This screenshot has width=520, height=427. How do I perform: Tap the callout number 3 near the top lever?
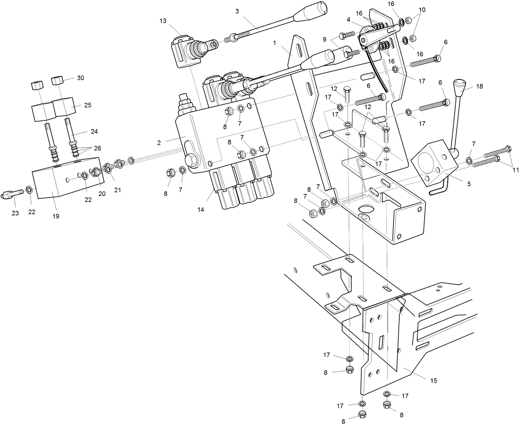click(237, 11)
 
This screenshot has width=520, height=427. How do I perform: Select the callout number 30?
click(80, 78)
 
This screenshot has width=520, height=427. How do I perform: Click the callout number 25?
click(88, 105)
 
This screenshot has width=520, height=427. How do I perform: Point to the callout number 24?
click(94, 132)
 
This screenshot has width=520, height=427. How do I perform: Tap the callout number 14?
click(200, 210)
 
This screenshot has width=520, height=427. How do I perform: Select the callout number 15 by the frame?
click(433, 380)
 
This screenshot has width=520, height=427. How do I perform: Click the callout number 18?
click(479, 86)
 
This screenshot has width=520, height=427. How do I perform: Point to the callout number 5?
click(468, 184)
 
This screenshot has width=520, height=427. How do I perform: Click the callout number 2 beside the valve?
click(159, 143)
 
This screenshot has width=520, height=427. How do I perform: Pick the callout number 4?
click(348, 19)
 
